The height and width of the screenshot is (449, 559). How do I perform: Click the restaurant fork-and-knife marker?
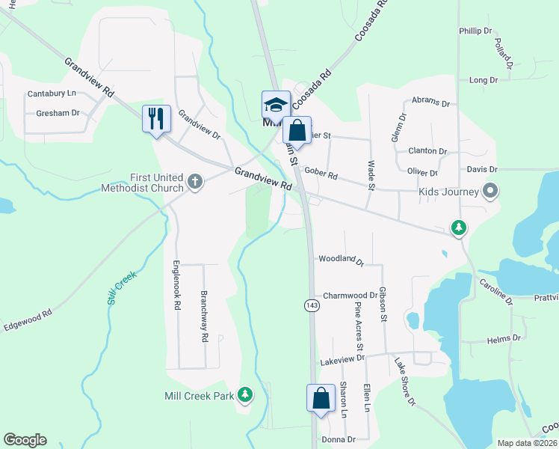[156, 119]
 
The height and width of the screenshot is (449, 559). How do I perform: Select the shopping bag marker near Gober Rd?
[297, 131]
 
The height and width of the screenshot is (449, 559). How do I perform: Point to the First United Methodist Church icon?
[195, 181]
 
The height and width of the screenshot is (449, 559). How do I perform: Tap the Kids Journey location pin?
[490, 191]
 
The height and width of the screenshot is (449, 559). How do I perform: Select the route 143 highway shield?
[312, 305]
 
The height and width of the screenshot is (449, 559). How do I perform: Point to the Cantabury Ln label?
[52, 94]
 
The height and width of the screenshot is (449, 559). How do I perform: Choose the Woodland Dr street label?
[340, 260]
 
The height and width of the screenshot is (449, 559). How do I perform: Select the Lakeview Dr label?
[342, 359]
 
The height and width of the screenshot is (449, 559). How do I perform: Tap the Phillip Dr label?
[475, 31]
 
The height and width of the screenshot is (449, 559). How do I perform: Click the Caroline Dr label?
[496, 291]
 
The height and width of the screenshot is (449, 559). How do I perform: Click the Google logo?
[25, 440]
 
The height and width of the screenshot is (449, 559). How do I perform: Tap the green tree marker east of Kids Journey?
[458, 227]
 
